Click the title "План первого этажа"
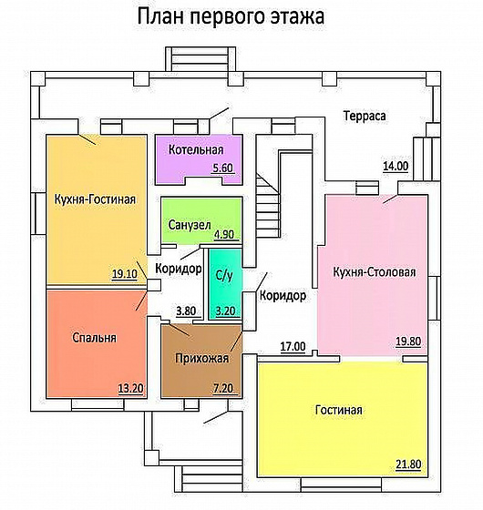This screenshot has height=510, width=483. [x=231, y=17]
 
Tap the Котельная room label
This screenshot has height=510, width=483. [x=196, y=149]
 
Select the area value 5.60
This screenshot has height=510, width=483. [x=223, y=168]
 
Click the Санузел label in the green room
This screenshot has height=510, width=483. [x=190, y=225]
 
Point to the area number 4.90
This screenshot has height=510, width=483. [x=224, y=235]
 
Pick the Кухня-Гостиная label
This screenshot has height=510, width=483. [x=95, y=199]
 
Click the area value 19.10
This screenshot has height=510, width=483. [x=124, y=274]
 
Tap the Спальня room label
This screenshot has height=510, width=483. [x=94, y=337]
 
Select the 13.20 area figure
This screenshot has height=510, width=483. [x=131, y=388]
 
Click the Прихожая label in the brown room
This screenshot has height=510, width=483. [x=201, y=358]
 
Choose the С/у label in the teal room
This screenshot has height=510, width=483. [x=224, y=275]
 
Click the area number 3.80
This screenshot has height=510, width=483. [x=186, y=311]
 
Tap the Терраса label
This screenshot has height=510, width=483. [x=365, y=117]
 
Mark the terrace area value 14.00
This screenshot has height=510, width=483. [x=396, y=166]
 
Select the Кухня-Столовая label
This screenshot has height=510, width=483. [x=375, y=272]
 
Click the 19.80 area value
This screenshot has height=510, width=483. [x=408, y=342]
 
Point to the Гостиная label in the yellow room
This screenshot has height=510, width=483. [x=338, y=410]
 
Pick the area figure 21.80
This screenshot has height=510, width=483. [x=408, y=464]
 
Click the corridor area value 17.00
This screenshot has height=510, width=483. [x=293, y=347]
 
